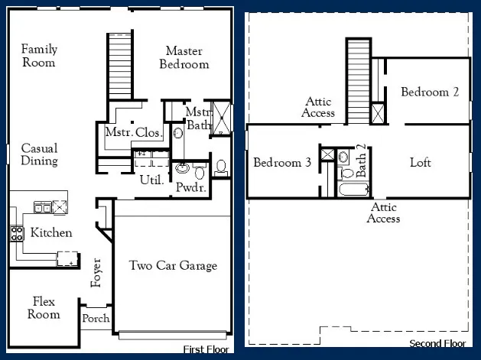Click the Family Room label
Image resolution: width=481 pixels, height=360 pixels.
(39, 56)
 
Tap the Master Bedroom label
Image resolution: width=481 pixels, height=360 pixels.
(184, 57)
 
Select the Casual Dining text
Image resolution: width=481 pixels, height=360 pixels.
(39, 154)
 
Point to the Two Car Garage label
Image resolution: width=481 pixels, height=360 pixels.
(173, 266)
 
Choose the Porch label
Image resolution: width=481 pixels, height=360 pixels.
(96, 319)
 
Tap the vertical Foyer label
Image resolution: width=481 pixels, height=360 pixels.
(96, 271)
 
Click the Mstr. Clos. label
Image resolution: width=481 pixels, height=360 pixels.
(133, 133)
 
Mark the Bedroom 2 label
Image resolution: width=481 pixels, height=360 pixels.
(430, 92)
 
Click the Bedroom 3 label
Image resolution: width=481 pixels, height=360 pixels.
(282, 163)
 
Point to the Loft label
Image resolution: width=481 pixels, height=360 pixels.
(421, 163)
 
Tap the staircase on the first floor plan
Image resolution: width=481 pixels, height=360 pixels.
(119, 66)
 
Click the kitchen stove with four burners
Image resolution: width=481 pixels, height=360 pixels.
(16, 233)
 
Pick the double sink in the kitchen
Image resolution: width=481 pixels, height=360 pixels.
(42, 207)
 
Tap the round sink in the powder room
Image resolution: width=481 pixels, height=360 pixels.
(184, 169)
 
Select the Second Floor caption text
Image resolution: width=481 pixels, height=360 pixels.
(438, 343)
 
